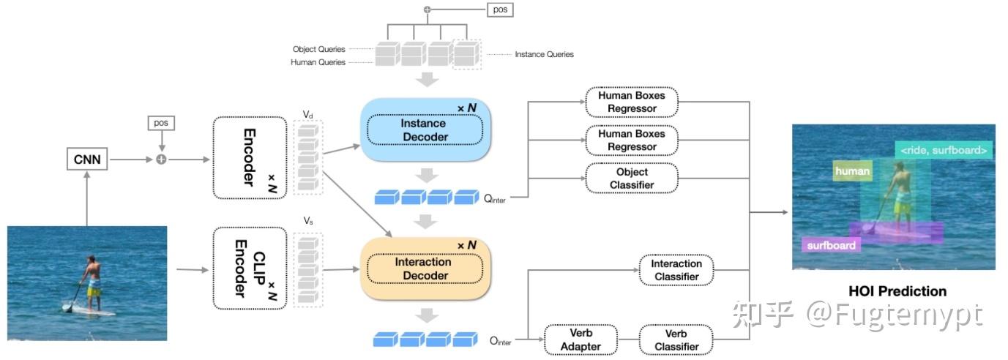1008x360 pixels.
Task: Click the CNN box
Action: pos(86,159)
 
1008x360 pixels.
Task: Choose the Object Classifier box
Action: pos(632,179)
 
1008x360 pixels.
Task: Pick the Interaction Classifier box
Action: pos(676,270)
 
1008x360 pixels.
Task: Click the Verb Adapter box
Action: pos(580,340)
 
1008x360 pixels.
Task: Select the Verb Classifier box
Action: pos(676,340)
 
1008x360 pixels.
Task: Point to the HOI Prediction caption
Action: pos(897,291)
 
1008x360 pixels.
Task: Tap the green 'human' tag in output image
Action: pos(852,172)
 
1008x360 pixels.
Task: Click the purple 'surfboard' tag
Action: pos(831,245)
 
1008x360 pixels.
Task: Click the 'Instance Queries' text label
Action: pos(544,54)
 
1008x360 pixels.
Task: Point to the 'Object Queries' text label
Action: pos(318,49)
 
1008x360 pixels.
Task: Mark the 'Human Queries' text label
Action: pos(318,63)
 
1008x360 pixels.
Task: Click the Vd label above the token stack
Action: pos(307,115)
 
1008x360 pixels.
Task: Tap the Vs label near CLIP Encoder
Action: pos(307,220)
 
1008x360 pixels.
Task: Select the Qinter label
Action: pos(495,198)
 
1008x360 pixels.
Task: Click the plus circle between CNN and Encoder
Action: pos(161,159)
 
